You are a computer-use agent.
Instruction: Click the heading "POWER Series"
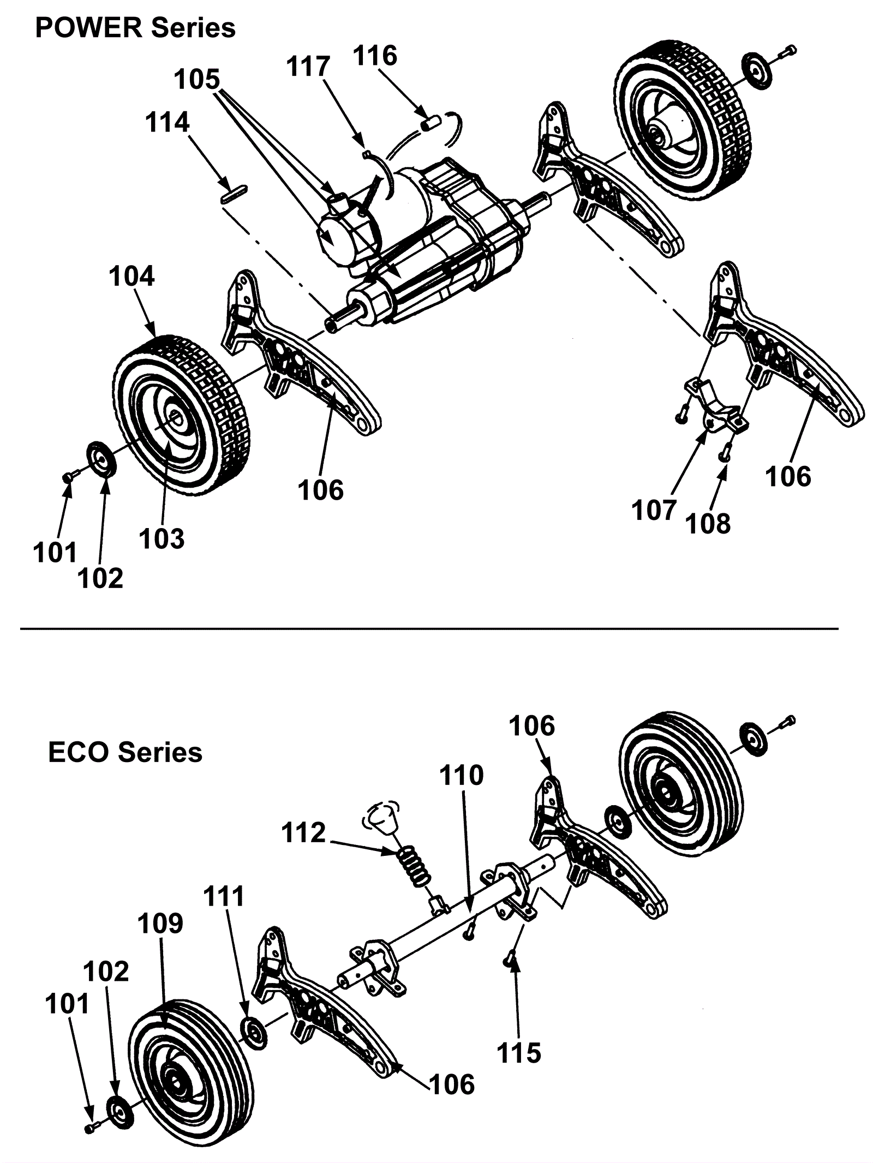click(135, 28)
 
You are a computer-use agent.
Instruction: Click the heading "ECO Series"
click(125, 752)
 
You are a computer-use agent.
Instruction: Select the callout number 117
click(309, 68)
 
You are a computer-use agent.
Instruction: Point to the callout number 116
click(375, 56)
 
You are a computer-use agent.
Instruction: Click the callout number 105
click(196, 80)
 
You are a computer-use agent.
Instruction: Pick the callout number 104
click(131, 277)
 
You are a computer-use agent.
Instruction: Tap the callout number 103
click(162, 539)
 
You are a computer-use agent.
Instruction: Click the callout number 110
click(462, 775)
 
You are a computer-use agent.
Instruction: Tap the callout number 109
click(160, 924)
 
